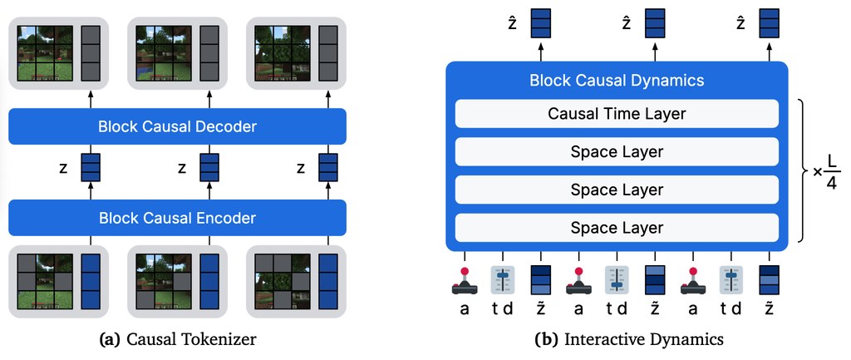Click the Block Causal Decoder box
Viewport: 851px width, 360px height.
tap(177, 126)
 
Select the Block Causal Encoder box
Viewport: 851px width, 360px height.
tap(177, 218)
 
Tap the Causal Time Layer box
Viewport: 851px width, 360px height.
tap(617, 114)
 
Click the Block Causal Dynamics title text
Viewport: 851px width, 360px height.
tap(617, 81)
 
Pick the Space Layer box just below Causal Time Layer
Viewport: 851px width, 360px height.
tap(617, 151)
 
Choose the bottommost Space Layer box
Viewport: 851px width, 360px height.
tap(617, 228)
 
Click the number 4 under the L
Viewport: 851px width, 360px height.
tap(831, 183)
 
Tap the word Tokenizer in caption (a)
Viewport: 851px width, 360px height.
tap(226, 340)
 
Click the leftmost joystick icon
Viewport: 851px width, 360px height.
tap(465, 281)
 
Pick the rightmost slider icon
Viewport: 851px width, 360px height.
tap(731, 280)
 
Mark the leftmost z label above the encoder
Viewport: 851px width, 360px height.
tap(63, 168)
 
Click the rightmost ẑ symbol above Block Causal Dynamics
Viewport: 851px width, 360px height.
tap(740, 24)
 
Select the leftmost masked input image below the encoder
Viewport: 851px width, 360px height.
tap(46, 281)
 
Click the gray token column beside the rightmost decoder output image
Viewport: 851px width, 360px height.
tap(328, 53)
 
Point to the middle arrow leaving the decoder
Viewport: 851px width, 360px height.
tap(209, 99)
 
